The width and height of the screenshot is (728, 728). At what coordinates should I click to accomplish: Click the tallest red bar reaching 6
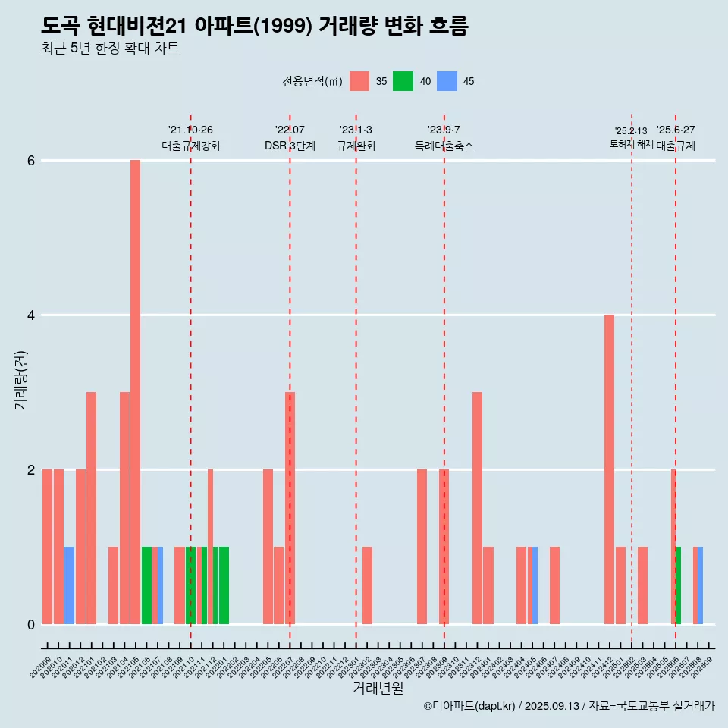135,391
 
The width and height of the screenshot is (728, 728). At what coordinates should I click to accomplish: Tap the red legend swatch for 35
359,81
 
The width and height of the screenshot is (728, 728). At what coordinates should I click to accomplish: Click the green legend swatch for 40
403,81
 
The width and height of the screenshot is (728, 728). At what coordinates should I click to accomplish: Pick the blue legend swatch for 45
447,81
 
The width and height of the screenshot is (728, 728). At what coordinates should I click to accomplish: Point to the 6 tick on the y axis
31,161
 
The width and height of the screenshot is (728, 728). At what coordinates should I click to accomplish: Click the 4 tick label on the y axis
31,315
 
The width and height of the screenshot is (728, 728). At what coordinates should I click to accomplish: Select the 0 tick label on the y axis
31,624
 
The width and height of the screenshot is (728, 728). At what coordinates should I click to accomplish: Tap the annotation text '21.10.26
190,130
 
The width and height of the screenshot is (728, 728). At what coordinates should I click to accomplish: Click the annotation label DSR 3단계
290,146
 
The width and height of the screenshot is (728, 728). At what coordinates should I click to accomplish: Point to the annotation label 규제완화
356,146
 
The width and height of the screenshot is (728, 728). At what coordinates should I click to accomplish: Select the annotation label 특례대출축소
444,146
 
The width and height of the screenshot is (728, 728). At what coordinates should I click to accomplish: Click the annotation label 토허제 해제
631,144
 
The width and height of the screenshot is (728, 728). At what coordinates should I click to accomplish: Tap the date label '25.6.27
676,130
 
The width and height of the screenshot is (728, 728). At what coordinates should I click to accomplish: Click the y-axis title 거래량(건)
21,380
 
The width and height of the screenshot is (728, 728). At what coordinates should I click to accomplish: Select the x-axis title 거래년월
378,689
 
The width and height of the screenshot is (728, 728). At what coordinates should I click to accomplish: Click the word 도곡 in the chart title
61,26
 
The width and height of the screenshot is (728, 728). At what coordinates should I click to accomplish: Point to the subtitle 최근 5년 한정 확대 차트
110,49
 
